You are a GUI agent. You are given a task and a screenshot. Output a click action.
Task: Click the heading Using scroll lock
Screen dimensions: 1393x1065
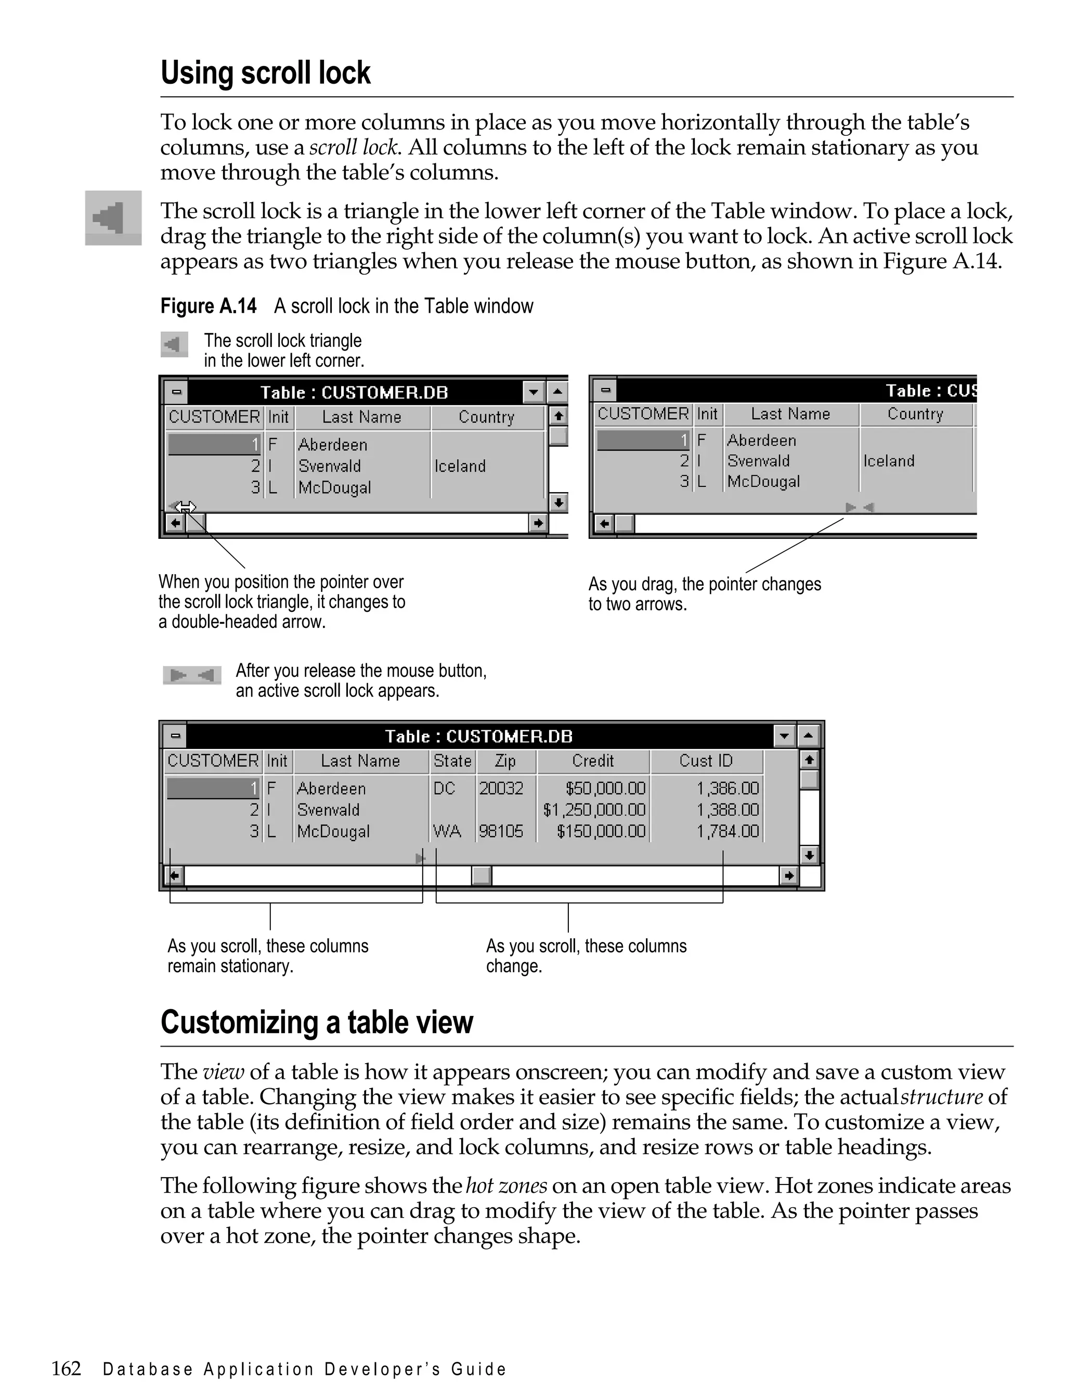pyautogui.click(x=265, y=73)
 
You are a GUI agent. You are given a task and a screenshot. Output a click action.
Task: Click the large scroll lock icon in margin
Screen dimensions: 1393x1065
pyautogui.click(x=113, y=218)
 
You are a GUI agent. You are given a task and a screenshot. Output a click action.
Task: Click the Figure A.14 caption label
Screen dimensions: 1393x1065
pyautogui.click(x=208, y=306)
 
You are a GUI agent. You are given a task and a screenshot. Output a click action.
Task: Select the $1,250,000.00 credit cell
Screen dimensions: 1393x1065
pyautogui.click(x=594, y=810)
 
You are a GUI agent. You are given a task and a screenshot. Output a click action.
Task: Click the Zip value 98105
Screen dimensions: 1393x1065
pyautogui.click(x=501, y=831)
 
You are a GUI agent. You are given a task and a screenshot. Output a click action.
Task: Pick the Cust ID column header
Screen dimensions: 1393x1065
pyautogui.click(x=706, y=761)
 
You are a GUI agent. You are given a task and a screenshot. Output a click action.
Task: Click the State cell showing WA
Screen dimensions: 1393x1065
pyautogui.click(x=447, y=831)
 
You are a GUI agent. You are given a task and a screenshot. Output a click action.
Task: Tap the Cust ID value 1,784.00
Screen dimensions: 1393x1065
pyautogui.click(x=727, y=831)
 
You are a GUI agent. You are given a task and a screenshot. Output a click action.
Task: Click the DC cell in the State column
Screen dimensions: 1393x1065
pyautogui.click(x=445, y=789)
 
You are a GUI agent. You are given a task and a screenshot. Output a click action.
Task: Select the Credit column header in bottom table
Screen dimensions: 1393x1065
pyautogui.click(x=593, y=761)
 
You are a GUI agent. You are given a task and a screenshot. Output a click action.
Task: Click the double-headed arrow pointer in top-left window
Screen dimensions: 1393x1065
pyautogui.click(x=185, y=507)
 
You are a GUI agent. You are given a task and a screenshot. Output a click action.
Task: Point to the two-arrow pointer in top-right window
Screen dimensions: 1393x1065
pyautogui.click(x=860, y=507)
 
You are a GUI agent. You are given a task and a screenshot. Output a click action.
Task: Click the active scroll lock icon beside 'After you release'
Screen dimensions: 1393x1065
pyautogui.click(x=191, y=675)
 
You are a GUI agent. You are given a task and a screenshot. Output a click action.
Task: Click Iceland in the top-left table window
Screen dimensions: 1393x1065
pyautogui.click(x=460, y=466)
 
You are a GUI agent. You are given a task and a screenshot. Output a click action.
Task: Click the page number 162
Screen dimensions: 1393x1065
pyautogui.click(x=66, y=1368)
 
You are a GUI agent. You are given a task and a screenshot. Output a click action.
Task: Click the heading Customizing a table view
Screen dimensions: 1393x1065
pyautogui.click(x=316, y=1022)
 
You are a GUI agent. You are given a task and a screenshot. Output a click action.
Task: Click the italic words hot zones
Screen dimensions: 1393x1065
pyautogui.click(x=506, y=1185)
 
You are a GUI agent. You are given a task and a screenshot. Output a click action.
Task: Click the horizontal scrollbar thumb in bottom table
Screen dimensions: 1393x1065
pyautogui.click(x=482, y=875)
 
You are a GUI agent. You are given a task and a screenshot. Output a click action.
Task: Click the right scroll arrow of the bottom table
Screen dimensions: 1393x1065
pyautogui.click(x=788, y=875)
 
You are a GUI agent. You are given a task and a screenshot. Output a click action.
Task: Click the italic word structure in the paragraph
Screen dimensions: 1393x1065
pyautogui.click(x=941, y=1097)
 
